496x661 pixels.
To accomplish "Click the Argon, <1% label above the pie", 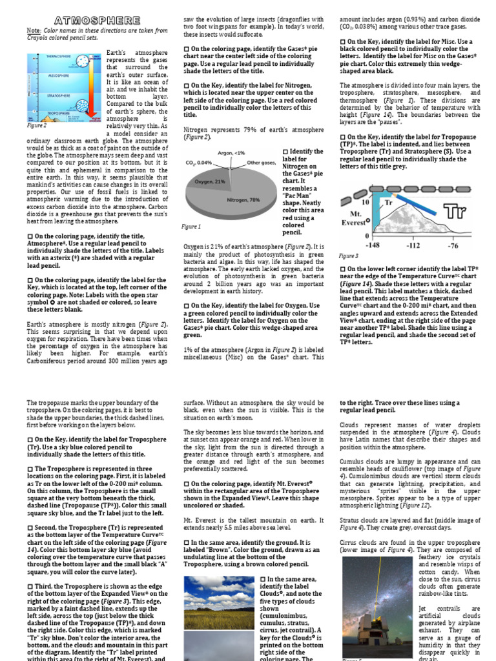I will click(231, 152).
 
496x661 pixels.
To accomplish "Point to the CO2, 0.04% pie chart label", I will click(198, 163).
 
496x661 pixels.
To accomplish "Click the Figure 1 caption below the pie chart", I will click(191, 227).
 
